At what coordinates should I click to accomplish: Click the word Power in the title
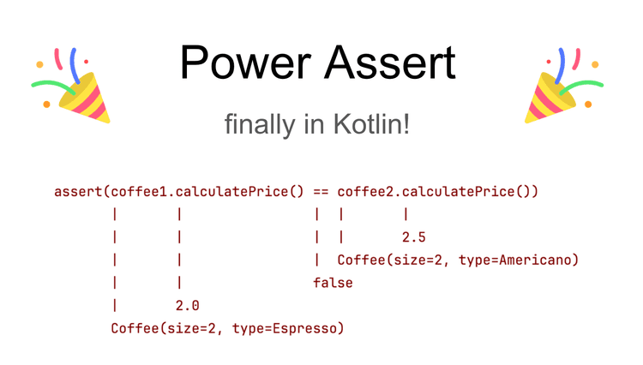coord(245,63)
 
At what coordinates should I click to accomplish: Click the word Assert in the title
coord(390,63)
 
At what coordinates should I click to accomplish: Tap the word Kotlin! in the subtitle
coord(371,123)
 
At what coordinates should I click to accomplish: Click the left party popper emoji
coord(71,85)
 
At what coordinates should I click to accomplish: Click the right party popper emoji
coord(564,85)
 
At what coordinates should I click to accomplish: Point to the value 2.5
coord(414,237)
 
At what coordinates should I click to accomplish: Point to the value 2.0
coord(188,306)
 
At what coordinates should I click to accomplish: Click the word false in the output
coord(333,283)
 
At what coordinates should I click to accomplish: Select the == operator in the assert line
coord(321,192)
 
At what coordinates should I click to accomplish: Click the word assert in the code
coord(78,192)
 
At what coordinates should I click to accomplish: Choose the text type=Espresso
coord(284,328)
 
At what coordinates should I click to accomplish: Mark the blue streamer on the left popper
coord(75,65)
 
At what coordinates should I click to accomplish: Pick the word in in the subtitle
coord(312,124)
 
